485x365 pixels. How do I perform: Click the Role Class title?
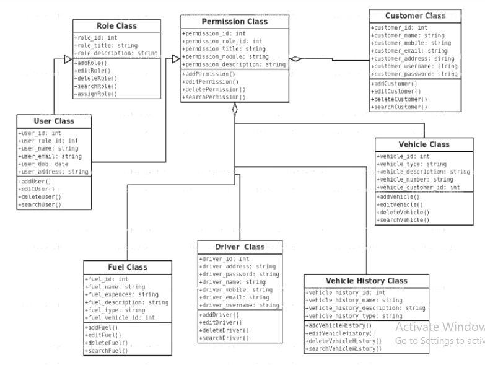click(116, 26)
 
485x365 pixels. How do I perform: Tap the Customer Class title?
click(415, 15)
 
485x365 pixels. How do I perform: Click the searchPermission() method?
click(214, 97)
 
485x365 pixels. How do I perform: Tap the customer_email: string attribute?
click(409, 51)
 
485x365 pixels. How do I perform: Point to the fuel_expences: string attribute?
click(122, 295)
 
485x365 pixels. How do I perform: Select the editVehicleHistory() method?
click(341, 333)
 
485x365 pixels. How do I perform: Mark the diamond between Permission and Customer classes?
click(296, 59)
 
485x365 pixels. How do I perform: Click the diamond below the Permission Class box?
click(235, 109)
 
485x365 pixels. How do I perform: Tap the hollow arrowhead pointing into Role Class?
click(69, 59)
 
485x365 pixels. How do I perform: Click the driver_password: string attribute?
click(239, 274)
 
